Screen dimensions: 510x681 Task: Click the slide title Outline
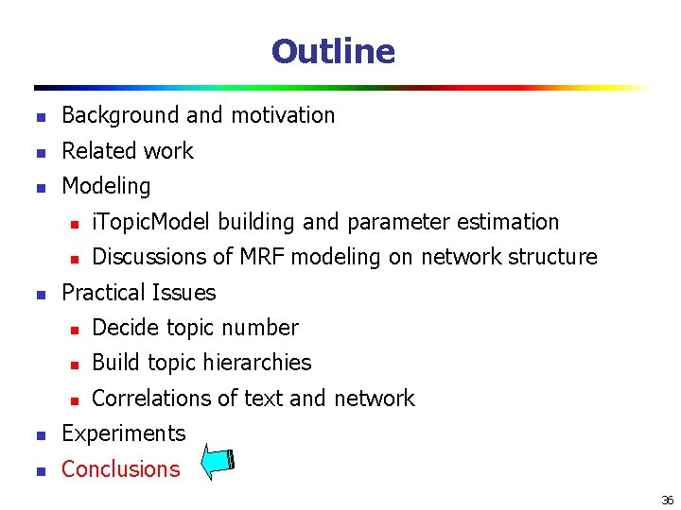click(333, 51)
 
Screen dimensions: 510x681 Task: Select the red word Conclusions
click(120, 469)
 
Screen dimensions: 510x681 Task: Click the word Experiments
click(123, 433)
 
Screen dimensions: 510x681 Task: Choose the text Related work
click(127, 151)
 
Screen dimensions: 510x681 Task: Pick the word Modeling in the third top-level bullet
click(106, 187)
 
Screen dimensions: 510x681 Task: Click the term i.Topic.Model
click(152, 222)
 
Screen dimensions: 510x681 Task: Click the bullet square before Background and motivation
click(40, 117)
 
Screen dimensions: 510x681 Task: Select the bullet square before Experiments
click(40, 435)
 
